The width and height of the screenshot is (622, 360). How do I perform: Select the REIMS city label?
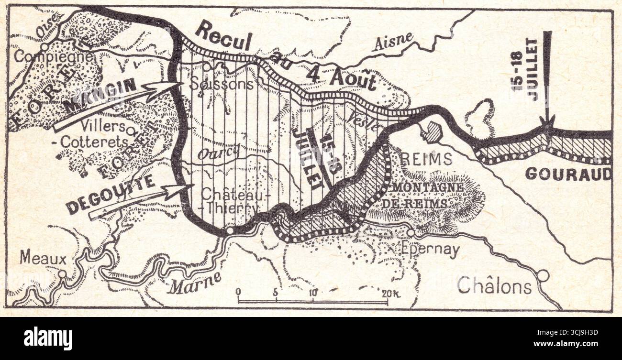click(424, 159)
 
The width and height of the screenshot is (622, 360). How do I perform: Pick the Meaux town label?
click(43, 259)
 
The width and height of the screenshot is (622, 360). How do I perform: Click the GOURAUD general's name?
click(568, 174)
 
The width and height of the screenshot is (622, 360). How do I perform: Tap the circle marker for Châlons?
click(543, 275)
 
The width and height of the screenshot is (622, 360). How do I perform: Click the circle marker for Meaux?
click(62, 274)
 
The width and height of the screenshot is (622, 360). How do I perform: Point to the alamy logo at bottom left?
click(48, 338)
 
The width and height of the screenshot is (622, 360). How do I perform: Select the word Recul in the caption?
click(223, 38)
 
